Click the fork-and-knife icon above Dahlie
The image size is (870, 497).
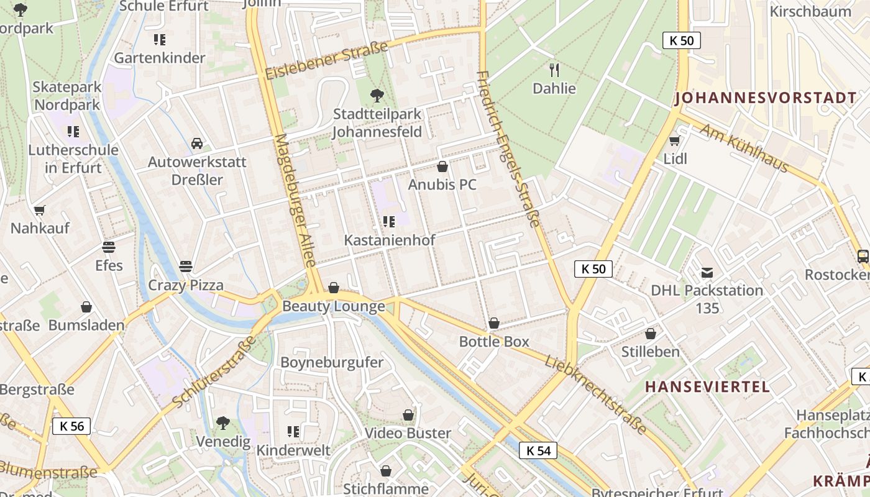pyautogui.click(x=554, y=70)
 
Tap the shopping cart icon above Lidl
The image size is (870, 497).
pyautogui.click(x=675, y=140)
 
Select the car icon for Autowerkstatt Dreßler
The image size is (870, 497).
pyautogui.click(x=197, y=144)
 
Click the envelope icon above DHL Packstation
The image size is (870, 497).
pyautogui.click(x=707, y=272)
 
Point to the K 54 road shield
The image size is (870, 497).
pyautogui.click(x=538, y=450)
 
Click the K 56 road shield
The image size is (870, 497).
pyautogui.click(x=71, y=426)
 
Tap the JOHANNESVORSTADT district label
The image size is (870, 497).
pyautogui.click(x=765, y=98)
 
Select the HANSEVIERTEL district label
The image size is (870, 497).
pyautogui.click(x=707, y=386)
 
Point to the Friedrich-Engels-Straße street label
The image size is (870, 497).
pyautogui.click(x=508, y=149)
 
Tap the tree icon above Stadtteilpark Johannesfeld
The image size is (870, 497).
pyautogui.click(x=377, y=95)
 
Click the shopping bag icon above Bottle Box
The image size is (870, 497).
pyautogui.click(x=494, y=323)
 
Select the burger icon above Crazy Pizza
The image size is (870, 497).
pyautogui.click(x=186, y=267)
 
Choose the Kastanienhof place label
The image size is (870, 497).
pyautogui.click(x=390, y=240)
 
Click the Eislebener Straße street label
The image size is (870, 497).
pyautogui.click(x=326, y=61)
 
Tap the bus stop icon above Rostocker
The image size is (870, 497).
pyautogui.click(x=863, y=256)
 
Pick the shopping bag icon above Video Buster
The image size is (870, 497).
pyautogui.click(x=408, y=414)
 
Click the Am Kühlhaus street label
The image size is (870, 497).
pyautogui.click(x=744, y=148)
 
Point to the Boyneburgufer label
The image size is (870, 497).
pyautogui.click(x=332, y=362)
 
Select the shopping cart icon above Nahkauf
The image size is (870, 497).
pyautogui.click(x=40, y=210)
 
